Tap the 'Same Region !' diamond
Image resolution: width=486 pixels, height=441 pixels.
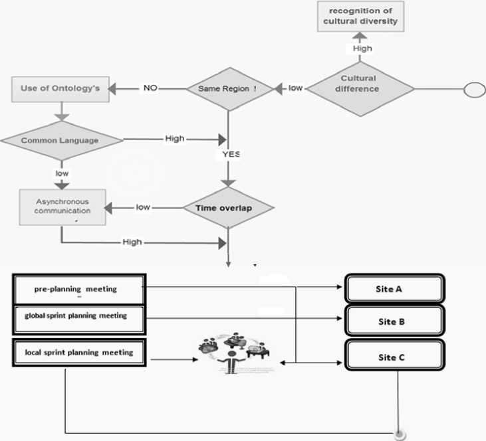point(227,88)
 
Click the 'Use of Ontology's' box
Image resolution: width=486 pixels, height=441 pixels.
point(60,88)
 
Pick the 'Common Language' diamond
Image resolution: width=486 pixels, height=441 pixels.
point(61,140)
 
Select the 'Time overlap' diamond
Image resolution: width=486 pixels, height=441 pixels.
point(228,207)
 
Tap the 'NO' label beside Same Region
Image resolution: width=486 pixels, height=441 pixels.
point(150,88)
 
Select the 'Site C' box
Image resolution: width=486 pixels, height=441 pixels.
point(394,357)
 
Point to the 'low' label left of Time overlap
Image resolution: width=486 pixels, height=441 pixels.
point(142,207)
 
